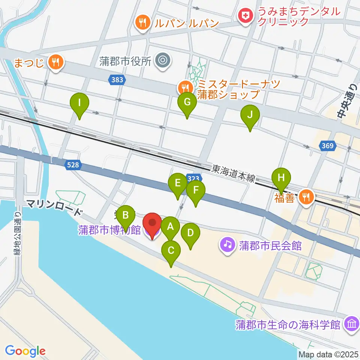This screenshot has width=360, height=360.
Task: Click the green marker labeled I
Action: point(79,102)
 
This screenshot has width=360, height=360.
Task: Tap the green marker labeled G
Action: point(187,102)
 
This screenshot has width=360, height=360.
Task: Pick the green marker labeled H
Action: point(281,177)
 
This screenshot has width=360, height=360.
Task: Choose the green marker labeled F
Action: point(195,190)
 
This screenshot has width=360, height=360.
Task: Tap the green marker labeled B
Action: point(126,215)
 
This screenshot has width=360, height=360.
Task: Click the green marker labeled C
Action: point(171,250)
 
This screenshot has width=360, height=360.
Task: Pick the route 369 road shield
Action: point(327,146)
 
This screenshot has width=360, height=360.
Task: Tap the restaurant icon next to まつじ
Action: point(56,61)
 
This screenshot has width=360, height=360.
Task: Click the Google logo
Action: point(25,351)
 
